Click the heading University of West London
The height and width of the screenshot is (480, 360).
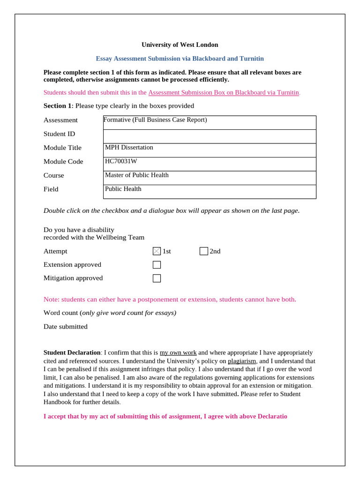pos(180,45)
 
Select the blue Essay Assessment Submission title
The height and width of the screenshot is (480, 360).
pos(180,59)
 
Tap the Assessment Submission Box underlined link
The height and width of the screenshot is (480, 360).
pos(223,93)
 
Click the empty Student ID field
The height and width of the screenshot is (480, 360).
pos(210,136)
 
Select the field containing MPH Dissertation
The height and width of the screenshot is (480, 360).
pos(210,150)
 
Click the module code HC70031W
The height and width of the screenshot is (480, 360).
pos(121,161)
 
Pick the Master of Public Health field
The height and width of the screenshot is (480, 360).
pos(210,178)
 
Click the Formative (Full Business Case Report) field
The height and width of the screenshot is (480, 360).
pos(210,122)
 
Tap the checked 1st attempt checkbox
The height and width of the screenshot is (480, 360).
pos(157,251)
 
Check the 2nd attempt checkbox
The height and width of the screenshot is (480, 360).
pos(203,251)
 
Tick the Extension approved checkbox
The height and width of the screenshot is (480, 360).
pos(157,265)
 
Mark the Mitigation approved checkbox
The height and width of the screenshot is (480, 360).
pos(157,278)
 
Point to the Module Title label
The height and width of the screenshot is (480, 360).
pos(62,148)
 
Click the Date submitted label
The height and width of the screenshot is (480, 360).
pos(65,327)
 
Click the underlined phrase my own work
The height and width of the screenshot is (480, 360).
pos(178,352)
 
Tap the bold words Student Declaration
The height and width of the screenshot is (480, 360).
pos(72,352)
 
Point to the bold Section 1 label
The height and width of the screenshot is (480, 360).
pos(57,106)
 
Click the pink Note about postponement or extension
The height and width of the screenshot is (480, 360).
pos(170,300)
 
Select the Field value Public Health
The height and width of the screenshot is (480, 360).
pos(123,189)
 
